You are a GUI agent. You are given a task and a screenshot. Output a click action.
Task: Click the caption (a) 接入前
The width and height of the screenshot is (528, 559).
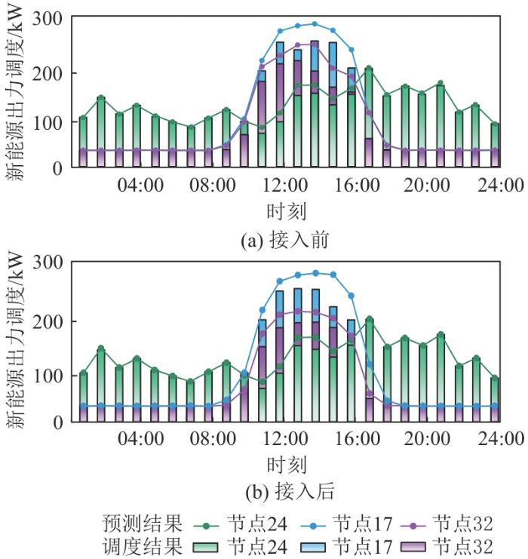(286, 240)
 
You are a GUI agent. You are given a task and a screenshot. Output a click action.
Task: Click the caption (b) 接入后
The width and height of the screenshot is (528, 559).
(286, 492)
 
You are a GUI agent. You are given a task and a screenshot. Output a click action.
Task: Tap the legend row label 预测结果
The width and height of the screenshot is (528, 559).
(142, 521)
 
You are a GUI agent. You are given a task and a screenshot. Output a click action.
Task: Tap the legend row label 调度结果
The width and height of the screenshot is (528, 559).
(142, 544)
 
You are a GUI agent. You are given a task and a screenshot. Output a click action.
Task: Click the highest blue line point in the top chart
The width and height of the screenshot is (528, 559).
(315, 23)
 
